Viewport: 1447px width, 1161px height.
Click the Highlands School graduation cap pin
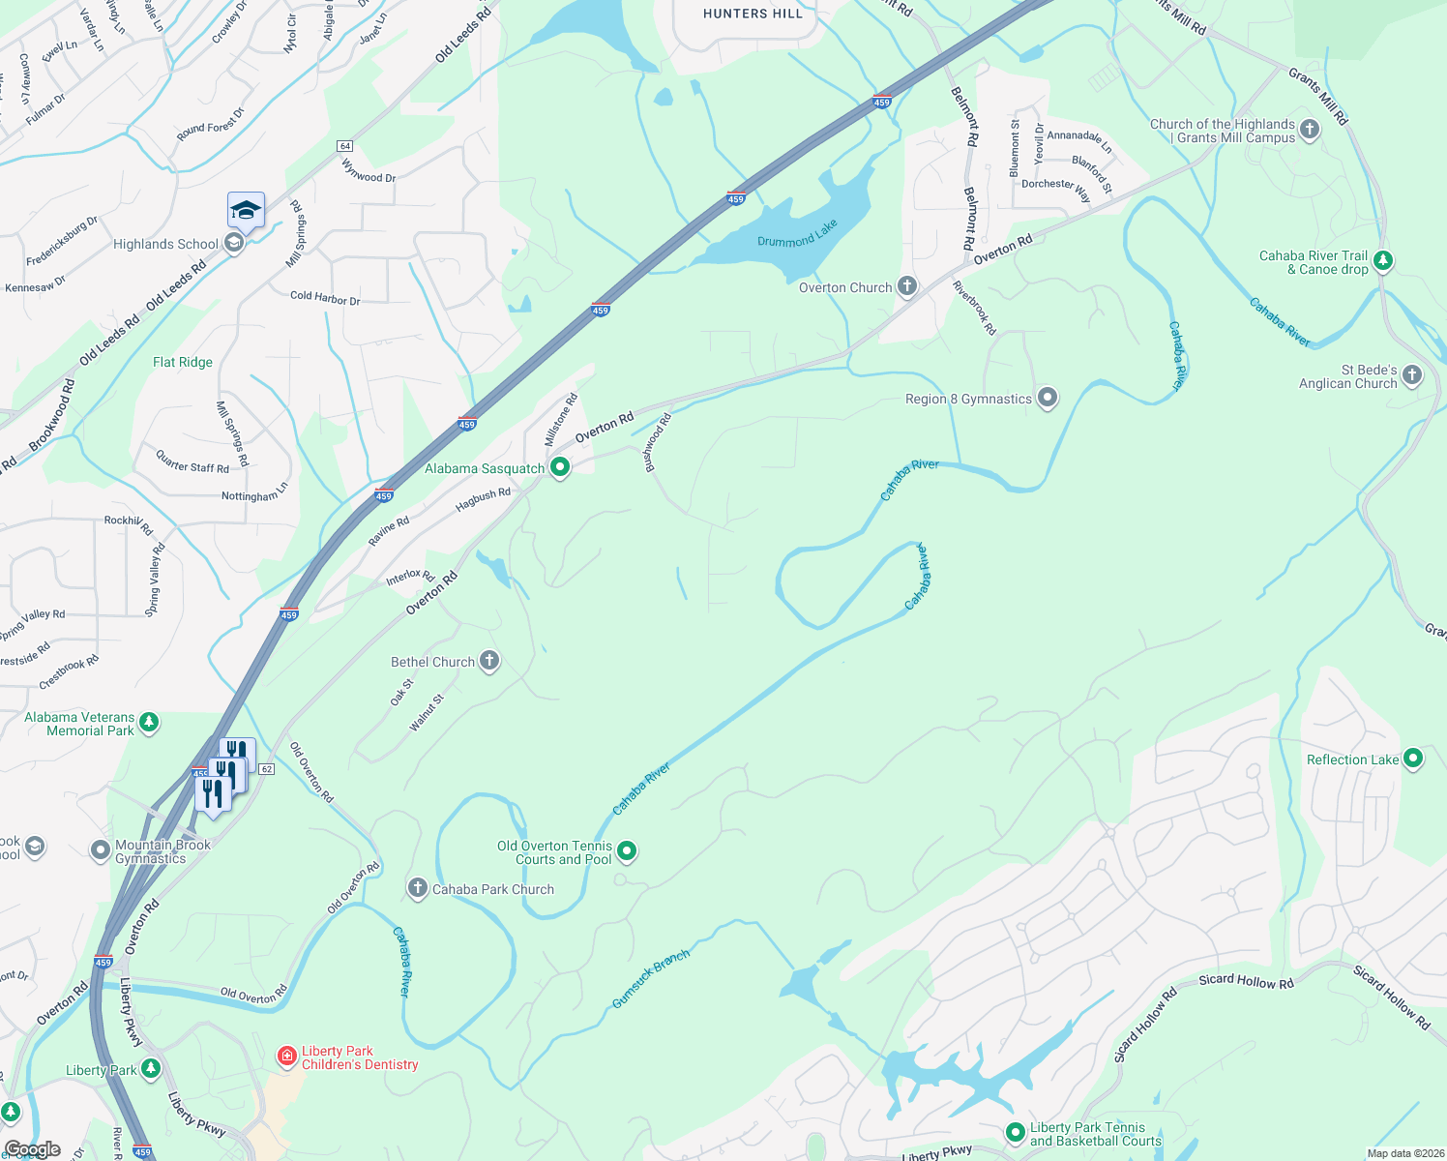246,211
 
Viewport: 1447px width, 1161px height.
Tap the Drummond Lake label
797,234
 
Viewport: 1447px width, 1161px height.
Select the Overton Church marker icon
907,285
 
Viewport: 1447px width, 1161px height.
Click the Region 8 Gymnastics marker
1048,398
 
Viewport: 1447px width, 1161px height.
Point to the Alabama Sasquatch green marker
559,467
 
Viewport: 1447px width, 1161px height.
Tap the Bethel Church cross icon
489,661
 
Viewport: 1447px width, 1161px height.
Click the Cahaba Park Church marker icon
417,887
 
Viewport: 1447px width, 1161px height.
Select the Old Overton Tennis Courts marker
627,851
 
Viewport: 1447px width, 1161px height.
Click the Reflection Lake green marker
1413,759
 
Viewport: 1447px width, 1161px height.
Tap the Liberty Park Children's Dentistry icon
287,1056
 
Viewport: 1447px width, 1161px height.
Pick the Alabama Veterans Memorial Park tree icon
149,722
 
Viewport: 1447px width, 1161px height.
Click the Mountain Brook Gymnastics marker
101,850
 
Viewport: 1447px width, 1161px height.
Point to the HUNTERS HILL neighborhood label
753,14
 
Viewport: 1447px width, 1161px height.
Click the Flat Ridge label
183,362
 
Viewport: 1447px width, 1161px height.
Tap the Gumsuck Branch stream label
651,978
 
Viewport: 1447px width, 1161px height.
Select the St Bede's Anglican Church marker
1412,375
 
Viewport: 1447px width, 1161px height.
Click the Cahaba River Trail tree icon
1383,260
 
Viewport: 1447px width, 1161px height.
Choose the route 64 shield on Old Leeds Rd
344,146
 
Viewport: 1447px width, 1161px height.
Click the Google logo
33,1149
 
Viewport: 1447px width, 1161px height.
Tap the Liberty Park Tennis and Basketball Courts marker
1015,1132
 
